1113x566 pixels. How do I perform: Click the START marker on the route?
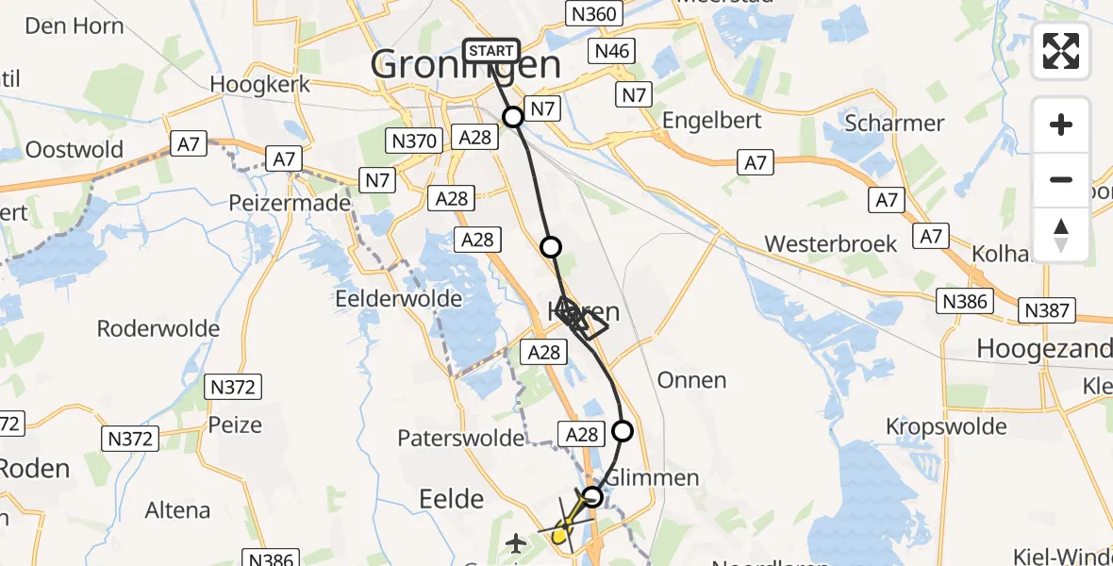pyautogui.click(x=491, y=51)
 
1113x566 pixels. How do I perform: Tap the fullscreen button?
pyautogui.click(x=1061, y=51)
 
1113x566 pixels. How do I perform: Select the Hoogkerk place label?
pyautogui.click(x=260, y=84)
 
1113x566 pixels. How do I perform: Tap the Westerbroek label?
pyautogui.click(x=830, y=243)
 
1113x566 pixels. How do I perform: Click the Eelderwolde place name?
pyautogui.click(x=399, y=299)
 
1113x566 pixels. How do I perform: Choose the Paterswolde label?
pyautogui.click(x=460, y=438)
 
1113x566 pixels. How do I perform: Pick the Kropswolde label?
pyautogui.click(x=946, y=426)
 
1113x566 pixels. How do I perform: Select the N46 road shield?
pyautogui.click(x=610, y=52)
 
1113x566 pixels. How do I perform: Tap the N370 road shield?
pyautogui.click(x=413, y=141)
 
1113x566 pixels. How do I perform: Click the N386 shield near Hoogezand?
pyautogui.click(x=965, y=301)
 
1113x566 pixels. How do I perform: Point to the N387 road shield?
pyautogui.click(x=1048, y=309)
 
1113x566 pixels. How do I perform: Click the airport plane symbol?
pyautogui.click(x=515, y=543)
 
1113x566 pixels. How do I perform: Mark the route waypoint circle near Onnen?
pyautogui.click(x=623, y=431)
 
